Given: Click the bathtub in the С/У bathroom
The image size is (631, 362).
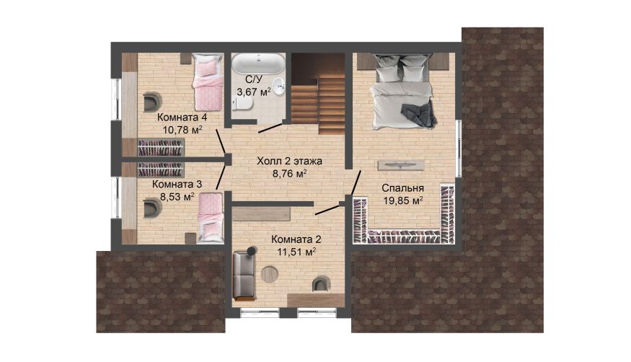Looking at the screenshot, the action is click(x=258, y=63).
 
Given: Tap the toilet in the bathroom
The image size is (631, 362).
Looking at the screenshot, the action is click(x=242, y=105).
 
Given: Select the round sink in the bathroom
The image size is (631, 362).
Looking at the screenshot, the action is click(x=278, y=85).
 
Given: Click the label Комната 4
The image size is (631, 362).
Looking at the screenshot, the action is click(x=182, y=118).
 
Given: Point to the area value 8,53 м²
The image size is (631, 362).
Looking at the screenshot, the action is click(x=177, y=197).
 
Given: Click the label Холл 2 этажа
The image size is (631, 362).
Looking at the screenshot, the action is click(x=290, y=162).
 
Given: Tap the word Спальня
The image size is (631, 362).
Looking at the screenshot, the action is click(x=403, y=188).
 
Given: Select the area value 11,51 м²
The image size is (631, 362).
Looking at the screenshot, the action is click(x=296, y=252).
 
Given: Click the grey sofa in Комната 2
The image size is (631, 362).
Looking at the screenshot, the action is click(x=244, y=275).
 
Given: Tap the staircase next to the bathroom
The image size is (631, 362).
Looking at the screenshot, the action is click(x=318, y=93).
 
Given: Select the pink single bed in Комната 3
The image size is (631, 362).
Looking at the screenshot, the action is click(x=211, y=217).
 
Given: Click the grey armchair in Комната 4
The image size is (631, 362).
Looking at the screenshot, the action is click(x=152, y=102).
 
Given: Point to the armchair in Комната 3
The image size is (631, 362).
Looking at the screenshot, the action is click(x=152, y=208).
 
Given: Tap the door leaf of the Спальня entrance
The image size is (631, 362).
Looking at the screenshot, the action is click(x=356, y=182).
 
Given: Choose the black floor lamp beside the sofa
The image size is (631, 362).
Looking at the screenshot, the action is click(x=252, y=250).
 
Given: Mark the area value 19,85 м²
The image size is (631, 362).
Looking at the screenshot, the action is click(x=403, y=200).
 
